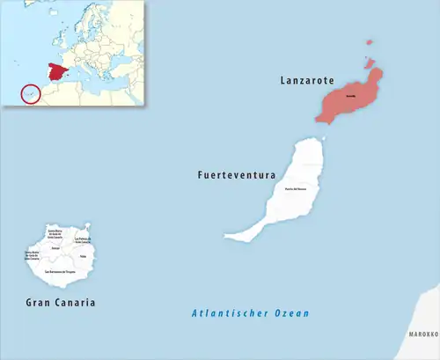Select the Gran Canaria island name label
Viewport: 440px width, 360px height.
click(x=59, y=303)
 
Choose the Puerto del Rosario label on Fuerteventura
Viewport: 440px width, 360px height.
click(x=295, y=188)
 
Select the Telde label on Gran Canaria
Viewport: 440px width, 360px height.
click(x=83, y=256)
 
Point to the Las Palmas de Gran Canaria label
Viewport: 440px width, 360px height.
click(x=83, y=239)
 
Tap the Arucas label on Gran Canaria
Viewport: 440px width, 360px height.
click(x=55, y=247)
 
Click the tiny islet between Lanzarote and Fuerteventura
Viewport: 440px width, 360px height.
click(x=323, y=138)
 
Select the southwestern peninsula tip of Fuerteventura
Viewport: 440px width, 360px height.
click(x=231, y=236)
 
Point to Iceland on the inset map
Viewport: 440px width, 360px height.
click(x=36, y=9)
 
